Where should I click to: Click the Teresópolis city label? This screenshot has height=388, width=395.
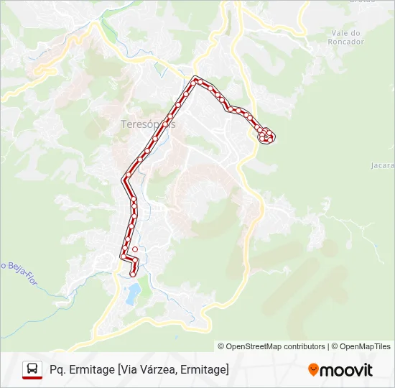[148, 124]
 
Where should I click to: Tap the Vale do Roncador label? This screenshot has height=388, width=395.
[348, 37]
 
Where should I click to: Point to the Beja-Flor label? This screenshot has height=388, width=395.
[20, 267]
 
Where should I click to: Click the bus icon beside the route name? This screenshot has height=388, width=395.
[32, 369]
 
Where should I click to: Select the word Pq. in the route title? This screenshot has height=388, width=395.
[59, 369]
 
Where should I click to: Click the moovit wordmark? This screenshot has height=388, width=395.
[346, 369]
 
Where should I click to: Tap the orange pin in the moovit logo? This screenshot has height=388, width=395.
[313, 369]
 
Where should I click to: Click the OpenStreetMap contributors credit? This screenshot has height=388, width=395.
[271, 346]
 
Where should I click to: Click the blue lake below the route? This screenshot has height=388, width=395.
[134, 291]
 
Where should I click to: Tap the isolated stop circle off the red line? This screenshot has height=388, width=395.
[135, 249]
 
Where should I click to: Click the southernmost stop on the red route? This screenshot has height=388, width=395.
[133, 273]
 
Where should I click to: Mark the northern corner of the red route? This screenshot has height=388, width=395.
[195, 80]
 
